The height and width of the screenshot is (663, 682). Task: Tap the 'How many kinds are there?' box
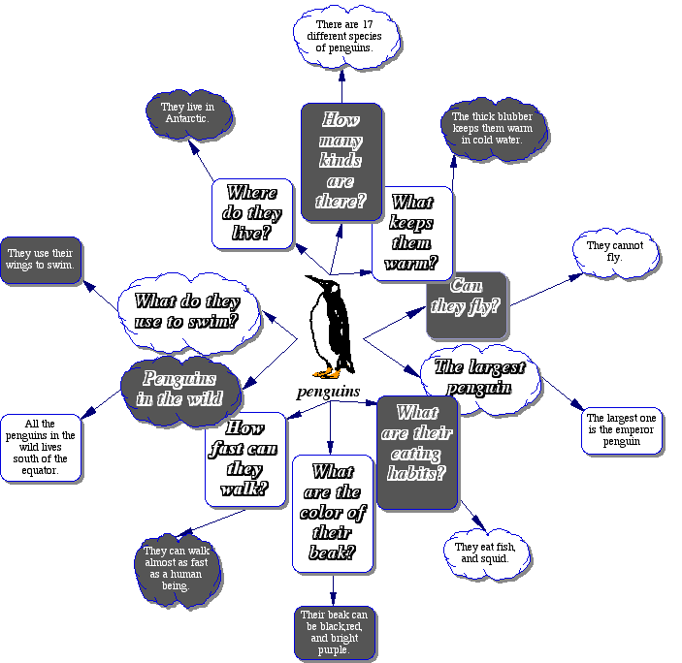coord(341,162)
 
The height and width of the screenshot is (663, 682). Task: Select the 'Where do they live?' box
coord(251,213)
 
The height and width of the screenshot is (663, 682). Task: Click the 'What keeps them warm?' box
coord(412,233)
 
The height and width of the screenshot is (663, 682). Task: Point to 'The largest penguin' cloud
coord(479,377)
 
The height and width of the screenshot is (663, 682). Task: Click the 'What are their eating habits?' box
coord(417,452)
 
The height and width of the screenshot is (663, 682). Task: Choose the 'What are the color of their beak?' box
coord(333,513)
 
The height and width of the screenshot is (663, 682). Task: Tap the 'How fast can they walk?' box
coord(245,458)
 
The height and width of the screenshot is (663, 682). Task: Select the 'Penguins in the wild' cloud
coord(180,389)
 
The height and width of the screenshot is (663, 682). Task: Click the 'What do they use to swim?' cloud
coord(187,312)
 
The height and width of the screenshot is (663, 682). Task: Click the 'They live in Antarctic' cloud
coord(188,113)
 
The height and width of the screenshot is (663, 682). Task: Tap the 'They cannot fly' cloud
coord(613,252)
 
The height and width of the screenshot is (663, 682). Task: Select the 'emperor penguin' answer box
coord(622,431)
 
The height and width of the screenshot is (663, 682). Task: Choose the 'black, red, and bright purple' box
coord(335,632)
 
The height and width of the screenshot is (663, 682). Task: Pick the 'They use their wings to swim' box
coord(42,260)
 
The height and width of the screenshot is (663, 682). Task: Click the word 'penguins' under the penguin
coord(329,393)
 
